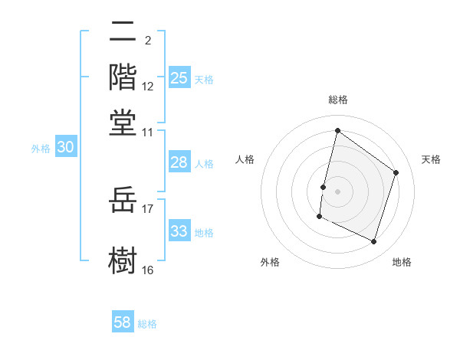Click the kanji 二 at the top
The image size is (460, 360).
(123, 32)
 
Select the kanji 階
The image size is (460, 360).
(123, 77)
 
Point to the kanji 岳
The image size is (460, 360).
(123, 201)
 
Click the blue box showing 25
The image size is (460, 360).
(179, 78)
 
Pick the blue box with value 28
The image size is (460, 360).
(179, 162)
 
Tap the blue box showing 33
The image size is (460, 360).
(179, 231)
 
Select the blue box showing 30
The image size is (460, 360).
(66, 148)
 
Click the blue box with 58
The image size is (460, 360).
(123, 322)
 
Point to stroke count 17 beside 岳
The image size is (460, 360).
(148, 208)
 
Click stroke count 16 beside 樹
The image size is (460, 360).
(148, 270)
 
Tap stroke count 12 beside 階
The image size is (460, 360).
(148, 87)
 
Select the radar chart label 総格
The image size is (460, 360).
(338, 100)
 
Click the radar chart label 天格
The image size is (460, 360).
(431, 159)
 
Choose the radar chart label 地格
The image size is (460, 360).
(402, 262)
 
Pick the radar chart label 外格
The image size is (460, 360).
(270, 262)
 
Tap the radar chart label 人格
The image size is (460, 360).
(245, 159)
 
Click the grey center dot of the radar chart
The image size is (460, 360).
(337, 190)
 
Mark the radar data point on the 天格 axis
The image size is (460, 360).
(396, 172)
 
